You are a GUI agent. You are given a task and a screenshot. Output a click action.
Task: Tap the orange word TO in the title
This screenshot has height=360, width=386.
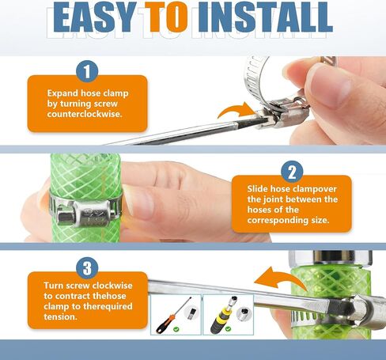(167, 17)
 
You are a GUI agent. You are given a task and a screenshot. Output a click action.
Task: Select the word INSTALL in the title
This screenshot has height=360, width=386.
(264, 17)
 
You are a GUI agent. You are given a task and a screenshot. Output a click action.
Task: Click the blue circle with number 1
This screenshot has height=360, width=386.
(87, 71)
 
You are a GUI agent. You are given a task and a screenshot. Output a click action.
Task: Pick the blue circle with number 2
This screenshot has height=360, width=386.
(292, 172)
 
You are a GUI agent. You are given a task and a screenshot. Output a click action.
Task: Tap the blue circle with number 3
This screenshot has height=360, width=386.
(87, 268)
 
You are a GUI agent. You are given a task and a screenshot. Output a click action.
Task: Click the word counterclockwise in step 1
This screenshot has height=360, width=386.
(85, 114)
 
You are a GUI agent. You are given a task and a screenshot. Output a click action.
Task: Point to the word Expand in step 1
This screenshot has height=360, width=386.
(62, 93)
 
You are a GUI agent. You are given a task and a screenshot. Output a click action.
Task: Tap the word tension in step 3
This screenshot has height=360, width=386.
(60, 316)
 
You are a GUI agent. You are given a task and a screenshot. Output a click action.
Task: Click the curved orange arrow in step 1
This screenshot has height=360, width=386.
(235, 111)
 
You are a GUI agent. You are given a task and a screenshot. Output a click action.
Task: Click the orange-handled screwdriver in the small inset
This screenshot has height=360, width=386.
(173, 315)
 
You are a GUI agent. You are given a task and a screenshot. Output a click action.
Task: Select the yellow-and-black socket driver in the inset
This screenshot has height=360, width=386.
(223, 314)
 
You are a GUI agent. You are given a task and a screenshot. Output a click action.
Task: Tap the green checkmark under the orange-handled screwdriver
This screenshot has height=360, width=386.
(176, 329)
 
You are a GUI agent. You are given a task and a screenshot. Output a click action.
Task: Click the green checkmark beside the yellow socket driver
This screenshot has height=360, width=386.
(228, 329)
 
